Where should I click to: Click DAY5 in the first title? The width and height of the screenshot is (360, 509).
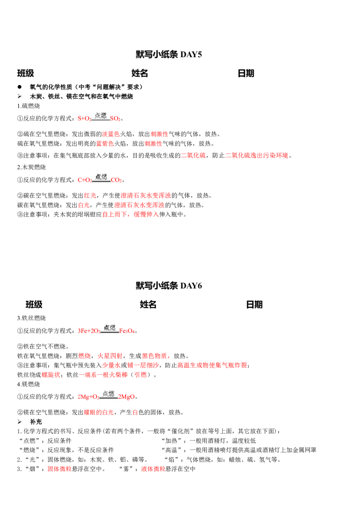point(191,54)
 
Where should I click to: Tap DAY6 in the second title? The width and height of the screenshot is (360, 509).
point(191,286)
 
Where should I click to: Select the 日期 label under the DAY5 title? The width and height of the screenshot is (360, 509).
point(246,73)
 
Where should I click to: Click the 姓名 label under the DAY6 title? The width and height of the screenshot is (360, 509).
point(148,304)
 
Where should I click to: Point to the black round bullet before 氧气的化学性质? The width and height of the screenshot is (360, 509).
point(20,87)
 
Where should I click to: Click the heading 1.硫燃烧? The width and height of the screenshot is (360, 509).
point(29,106)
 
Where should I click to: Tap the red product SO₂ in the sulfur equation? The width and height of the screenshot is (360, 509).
point(115,119)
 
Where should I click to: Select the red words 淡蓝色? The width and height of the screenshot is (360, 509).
point(111,134)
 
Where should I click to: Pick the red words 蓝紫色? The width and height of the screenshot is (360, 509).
point(105,143)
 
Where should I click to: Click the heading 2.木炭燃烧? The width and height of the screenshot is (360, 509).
point(31,167)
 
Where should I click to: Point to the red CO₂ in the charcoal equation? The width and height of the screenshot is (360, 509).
point(116,180)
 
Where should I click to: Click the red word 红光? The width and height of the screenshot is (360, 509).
point(90,196)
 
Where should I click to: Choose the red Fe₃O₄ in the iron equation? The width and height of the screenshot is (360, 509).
point(127,331)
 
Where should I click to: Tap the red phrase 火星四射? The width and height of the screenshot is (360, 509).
point(110,356)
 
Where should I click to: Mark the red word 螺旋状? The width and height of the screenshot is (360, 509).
point(51,375)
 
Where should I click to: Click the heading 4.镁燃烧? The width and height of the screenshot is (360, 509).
point(29,384)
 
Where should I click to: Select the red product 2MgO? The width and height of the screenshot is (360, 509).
point(126,397)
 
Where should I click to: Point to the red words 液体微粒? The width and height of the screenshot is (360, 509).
point(153,469)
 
